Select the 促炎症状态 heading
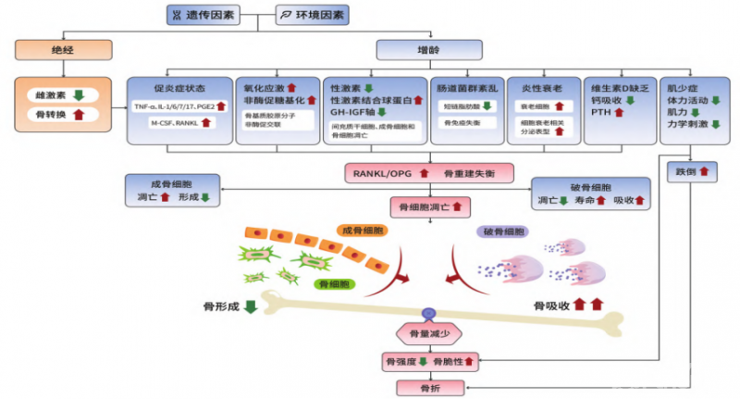pos(178,87)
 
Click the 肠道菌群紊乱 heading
pos(467,87)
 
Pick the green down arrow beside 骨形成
pos(251,306)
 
